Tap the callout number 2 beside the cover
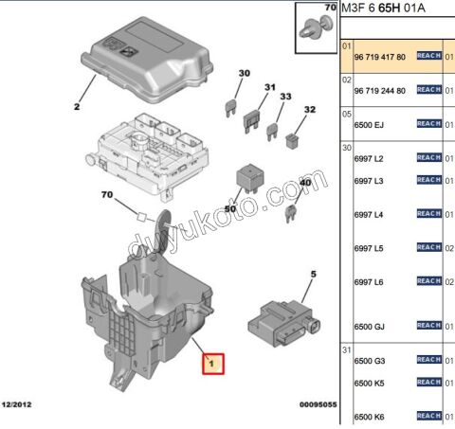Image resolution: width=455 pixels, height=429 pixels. (77, 107)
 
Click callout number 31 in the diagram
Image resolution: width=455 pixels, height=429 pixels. (269, 88)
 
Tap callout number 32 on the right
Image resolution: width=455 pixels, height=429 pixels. (308, 110)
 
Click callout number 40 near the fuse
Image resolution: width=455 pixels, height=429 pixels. (304, 182)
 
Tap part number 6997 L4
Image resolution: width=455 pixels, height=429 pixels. (369, 215)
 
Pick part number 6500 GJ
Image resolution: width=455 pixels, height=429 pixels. (369, 326)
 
